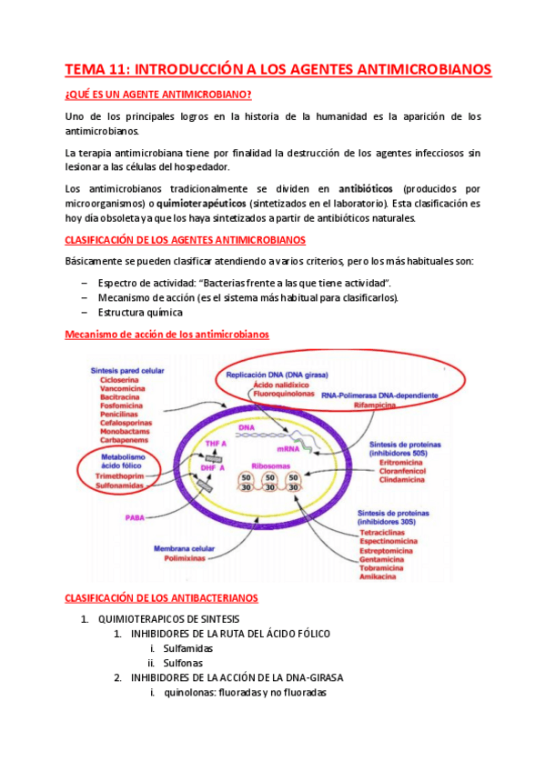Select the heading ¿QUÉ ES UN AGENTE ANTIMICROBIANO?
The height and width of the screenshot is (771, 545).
(158, 95)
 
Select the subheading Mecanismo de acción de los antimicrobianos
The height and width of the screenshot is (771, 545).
(167, 334)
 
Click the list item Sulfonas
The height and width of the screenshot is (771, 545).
(183, 663)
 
